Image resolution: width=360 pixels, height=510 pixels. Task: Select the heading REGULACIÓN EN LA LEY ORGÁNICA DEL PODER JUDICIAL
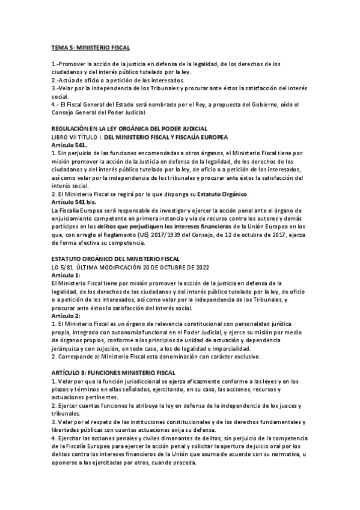pyautogui.click(x=129, y=129)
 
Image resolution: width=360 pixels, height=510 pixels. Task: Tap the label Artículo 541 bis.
pyautogui.click(x=72, y=202)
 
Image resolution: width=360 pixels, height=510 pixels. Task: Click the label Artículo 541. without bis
pyautogui.click(x=69, y=145)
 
